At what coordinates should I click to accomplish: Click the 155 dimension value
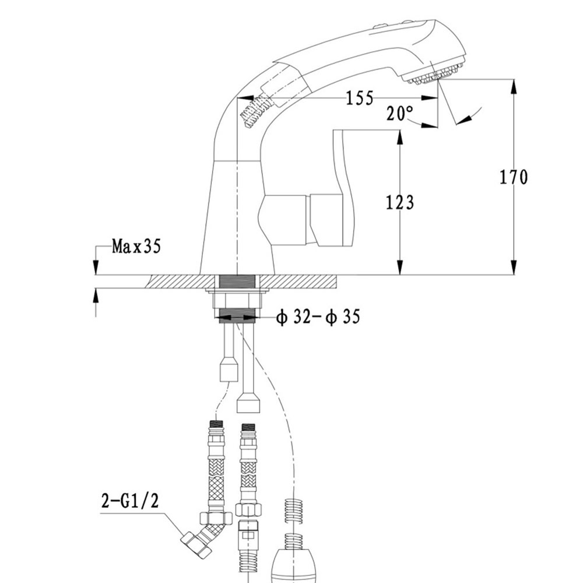(x=359, y=98)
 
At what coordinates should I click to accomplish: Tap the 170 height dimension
(x=513, y=177)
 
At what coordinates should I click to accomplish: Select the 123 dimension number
(x=399, y=202)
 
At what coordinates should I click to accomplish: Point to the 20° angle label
(x=399, y=113)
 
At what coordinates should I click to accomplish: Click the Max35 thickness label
(x=136, y=247)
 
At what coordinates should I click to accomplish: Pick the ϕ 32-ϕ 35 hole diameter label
(x=318, y=317)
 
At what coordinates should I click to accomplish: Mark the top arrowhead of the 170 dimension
(x=513, y=85)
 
